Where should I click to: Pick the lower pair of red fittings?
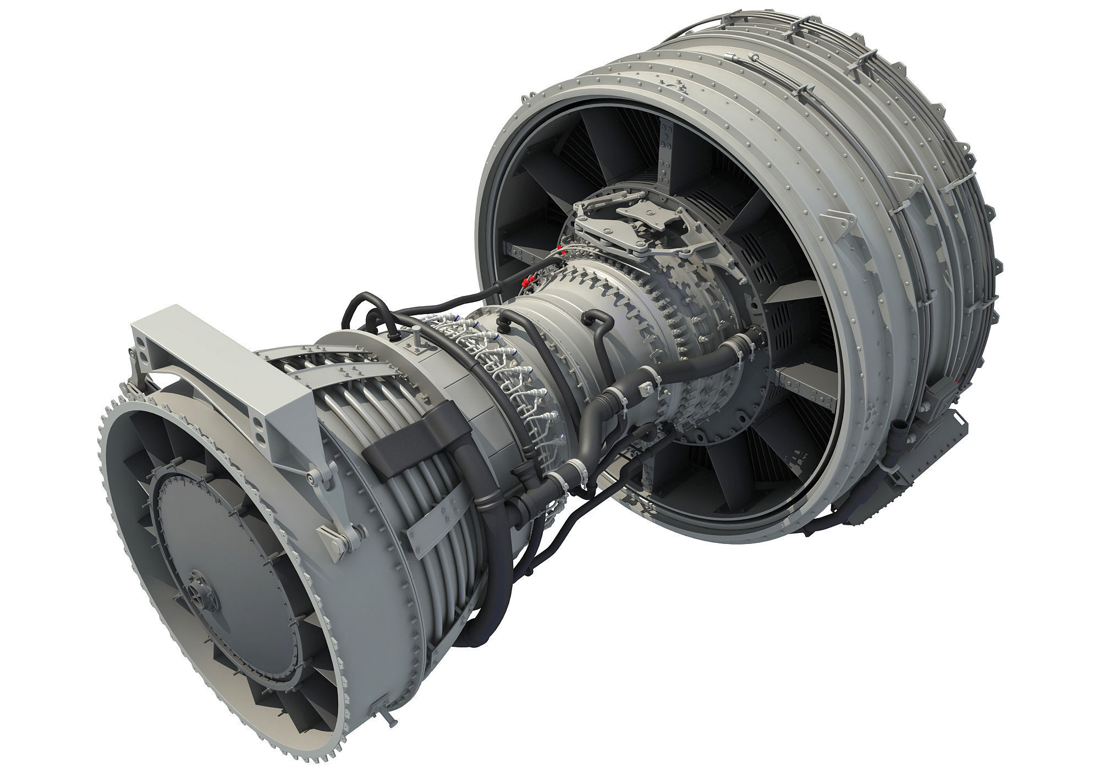coord(527,281)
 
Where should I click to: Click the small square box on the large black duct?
coord(649,388)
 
